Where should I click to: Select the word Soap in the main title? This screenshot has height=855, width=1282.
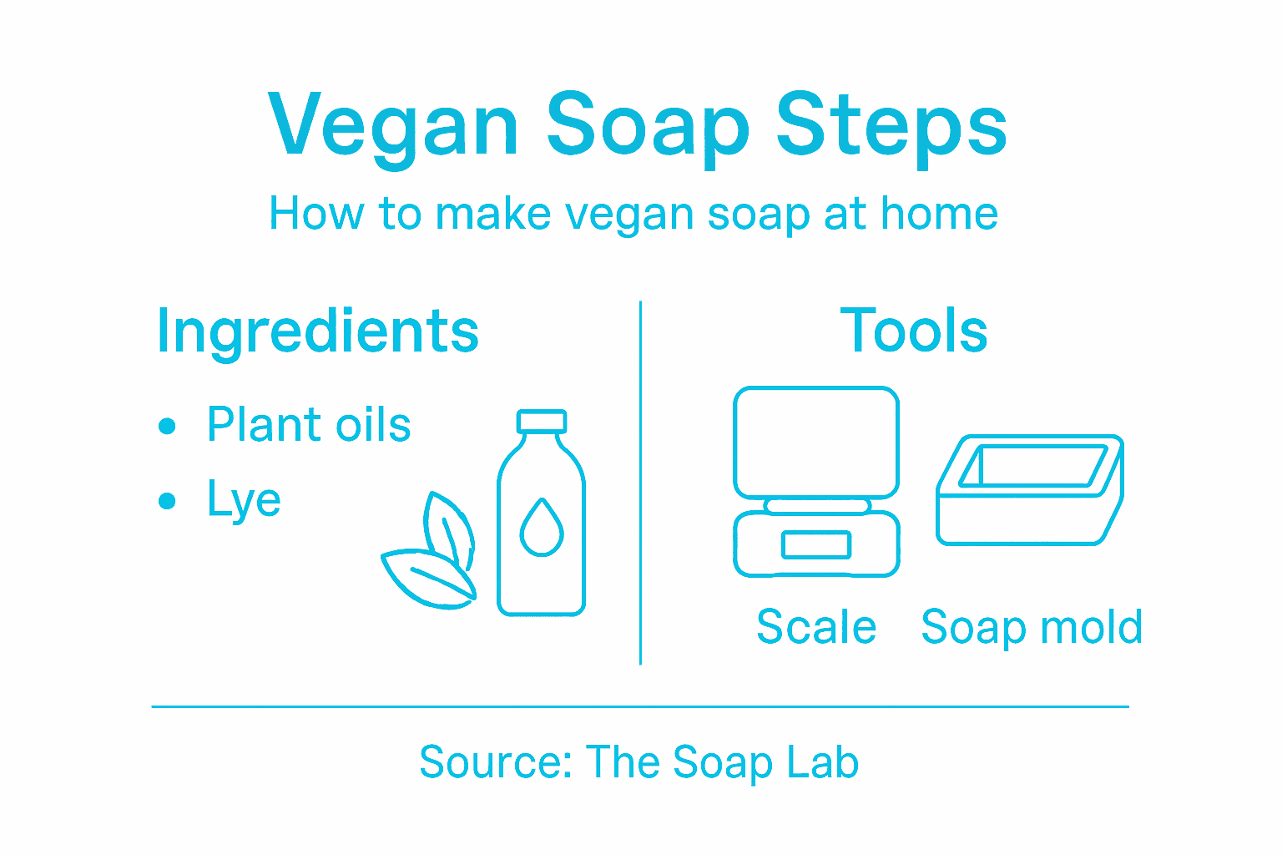tap(649, 125)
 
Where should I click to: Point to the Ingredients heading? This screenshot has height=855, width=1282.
tap(317, 331)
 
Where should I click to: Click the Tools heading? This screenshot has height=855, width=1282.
tap(913, 331)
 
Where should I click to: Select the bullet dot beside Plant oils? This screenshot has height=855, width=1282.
tap(167, 426)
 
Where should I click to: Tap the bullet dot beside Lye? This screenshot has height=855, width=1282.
tap(167, 501)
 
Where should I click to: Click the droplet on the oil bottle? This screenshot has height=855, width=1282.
tap(542, 528)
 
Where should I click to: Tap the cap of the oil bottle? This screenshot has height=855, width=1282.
tap(541, 421)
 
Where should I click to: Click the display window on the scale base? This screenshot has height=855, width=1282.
tap(815, 545)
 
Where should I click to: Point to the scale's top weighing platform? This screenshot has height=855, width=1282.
tap(815, 442)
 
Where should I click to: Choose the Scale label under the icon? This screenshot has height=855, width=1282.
tap(815, 627)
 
